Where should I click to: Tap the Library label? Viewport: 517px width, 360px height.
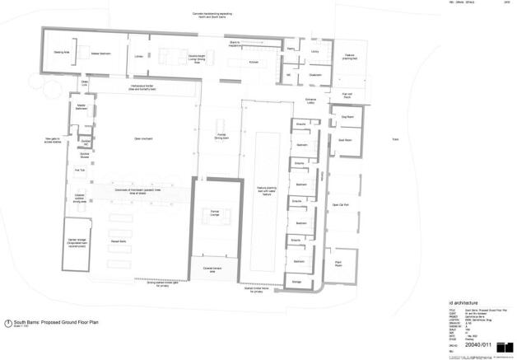coord(137,57)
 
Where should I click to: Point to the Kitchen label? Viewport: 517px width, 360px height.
coord(254,62)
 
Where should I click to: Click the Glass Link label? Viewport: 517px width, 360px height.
coord(84,83)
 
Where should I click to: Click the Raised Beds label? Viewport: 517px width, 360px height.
coord(117,241)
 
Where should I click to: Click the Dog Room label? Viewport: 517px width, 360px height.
coord(346,118)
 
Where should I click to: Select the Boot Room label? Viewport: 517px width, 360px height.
coord(346,140)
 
